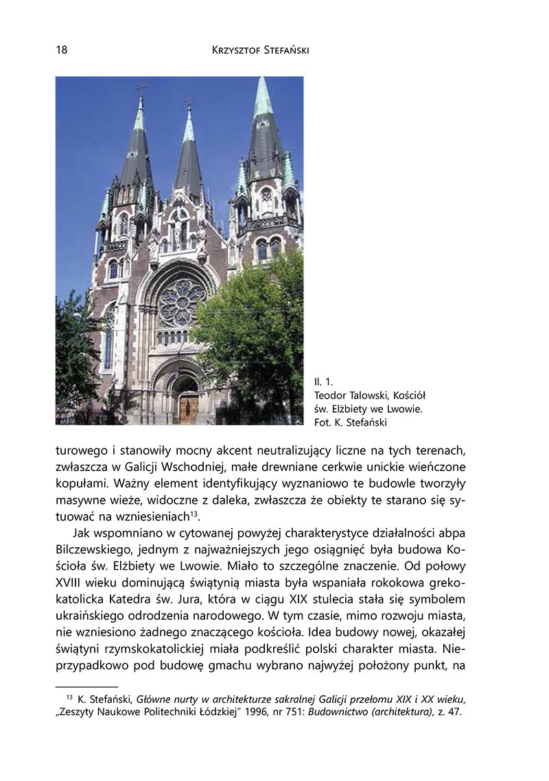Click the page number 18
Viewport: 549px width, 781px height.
[61, 51]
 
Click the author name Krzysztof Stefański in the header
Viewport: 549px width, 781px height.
[261, 51]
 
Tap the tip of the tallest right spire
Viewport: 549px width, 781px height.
[261, 80]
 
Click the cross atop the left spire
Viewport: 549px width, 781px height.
[142, 88]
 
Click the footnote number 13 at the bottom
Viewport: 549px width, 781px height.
[69, 697]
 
